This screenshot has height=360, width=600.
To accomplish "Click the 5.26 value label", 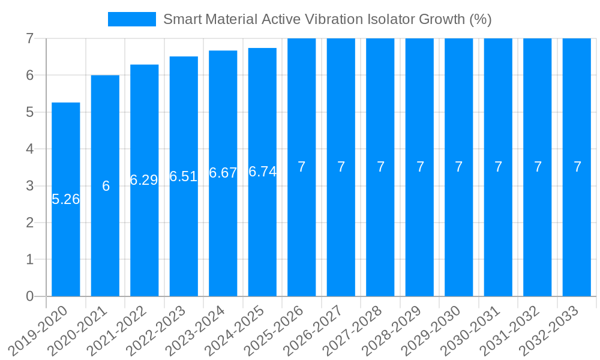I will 66,200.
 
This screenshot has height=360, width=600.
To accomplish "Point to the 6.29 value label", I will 144,180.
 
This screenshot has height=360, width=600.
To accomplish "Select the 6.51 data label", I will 184,176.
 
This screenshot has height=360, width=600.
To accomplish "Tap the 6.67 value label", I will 223,173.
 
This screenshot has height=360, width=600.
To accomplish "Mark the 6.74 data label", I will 262,172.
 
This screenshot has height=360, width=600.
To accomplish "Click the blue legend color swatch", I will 131,19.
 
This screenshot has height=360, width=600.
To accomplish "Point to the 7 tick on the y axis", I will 29,38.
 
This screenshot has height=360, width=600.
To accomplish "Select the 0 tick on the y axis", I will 29,296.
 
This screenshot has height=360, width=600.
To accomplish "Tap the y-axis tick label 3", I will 29,186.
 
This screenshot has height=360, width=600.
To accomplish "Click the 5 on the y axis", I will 29,112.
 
